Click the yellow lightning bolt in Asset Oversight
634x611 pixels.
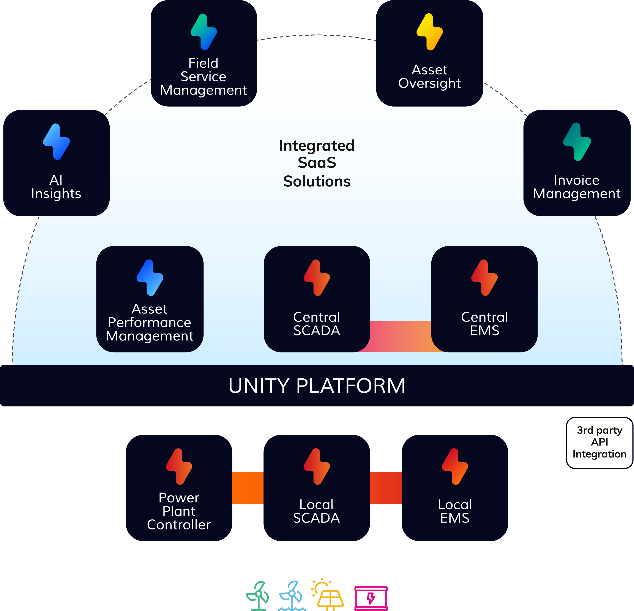coord(430,32)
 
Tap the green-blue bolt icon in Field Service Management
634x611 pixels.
coord(204,32)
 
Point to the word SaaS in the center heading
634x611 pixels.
coord(317,162)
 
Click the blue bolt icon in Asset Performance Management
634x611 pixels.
coord(150,277)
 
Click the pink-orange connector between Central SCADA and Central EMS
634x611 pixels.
coord(401,336)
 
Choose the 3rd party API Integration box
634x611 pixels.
coord(599,442)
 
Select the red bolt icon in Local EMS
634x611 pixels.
coord(455,466)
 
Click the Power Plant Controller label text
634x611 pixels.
coord(179,511)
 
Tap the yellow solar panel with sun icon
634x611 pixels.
coord(327,595)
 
